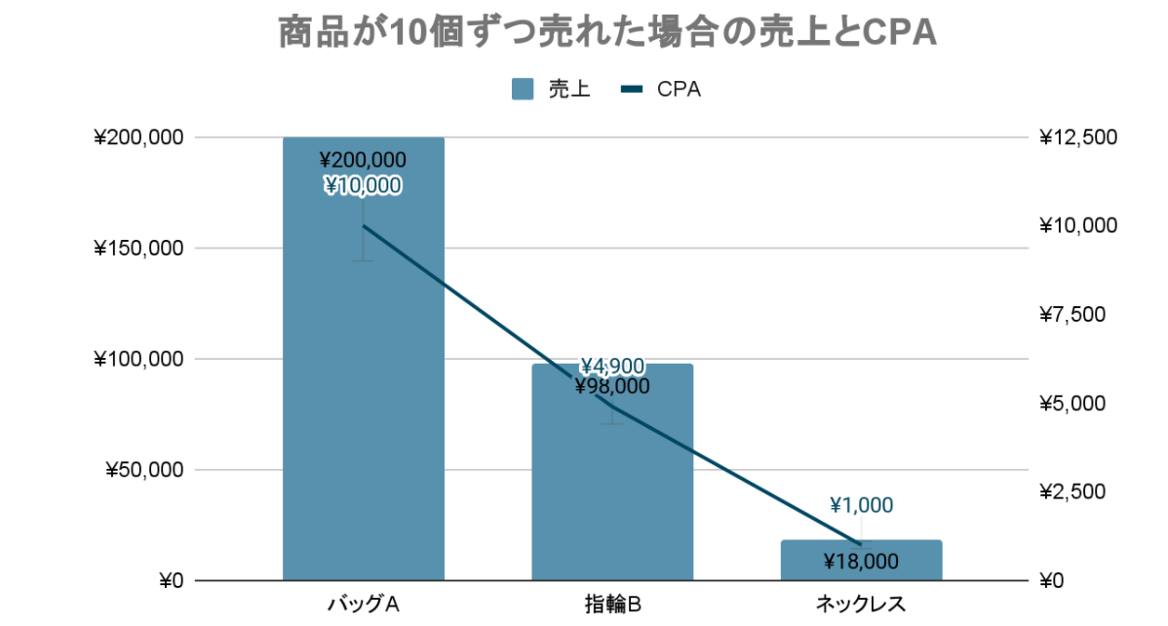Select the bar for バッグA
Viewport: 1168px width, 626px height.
click(363, 410)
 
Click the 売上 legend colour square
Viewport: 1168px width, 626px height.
click(523, 90)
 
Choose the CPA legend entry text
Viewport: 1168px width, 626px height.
click(679, 90)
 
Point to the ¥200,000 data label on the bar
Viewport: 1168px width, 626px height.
click(363, 160)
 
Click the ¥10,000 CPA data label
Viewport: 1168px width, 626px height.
click(363, 185)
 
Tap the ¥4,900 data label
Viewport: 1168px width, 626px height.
click(612, 367)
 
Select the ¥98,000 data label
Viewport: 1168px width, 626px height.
click(612, 387)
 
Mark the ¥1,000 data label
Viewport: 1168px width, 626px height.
click(861, 505)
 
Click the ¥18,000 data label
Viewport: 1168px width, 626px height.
click(861, 562)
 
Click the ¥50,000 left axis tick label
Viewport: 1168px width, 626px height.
click(143, 470)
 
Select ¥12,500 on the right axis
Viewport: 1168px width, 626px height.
click(1077, 137)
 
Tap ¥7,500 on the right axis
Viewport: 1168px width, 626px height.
click(1077, 315)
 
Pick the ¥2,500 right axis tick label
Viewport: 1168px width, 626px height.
click(1077, 492)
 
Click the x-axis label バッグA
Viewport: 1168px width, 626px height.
click(363, 604)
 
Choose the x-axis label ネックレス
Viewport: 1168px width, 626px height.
click(861, 604)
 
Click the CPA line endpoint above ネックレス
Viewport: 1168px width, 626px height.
click(861, 544)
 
